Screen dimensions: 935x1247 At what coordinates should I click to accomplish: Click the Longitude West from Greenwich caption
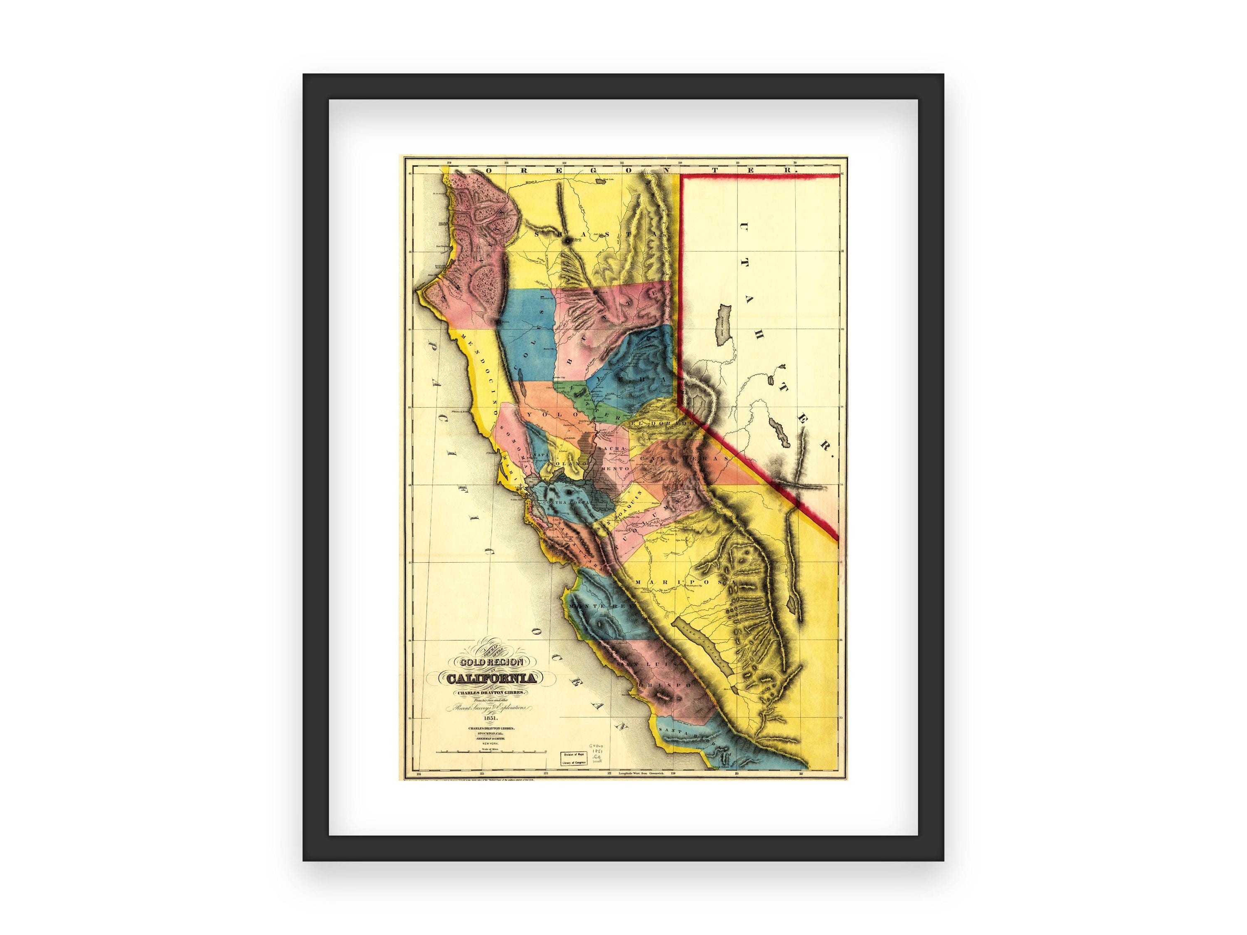643,774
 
